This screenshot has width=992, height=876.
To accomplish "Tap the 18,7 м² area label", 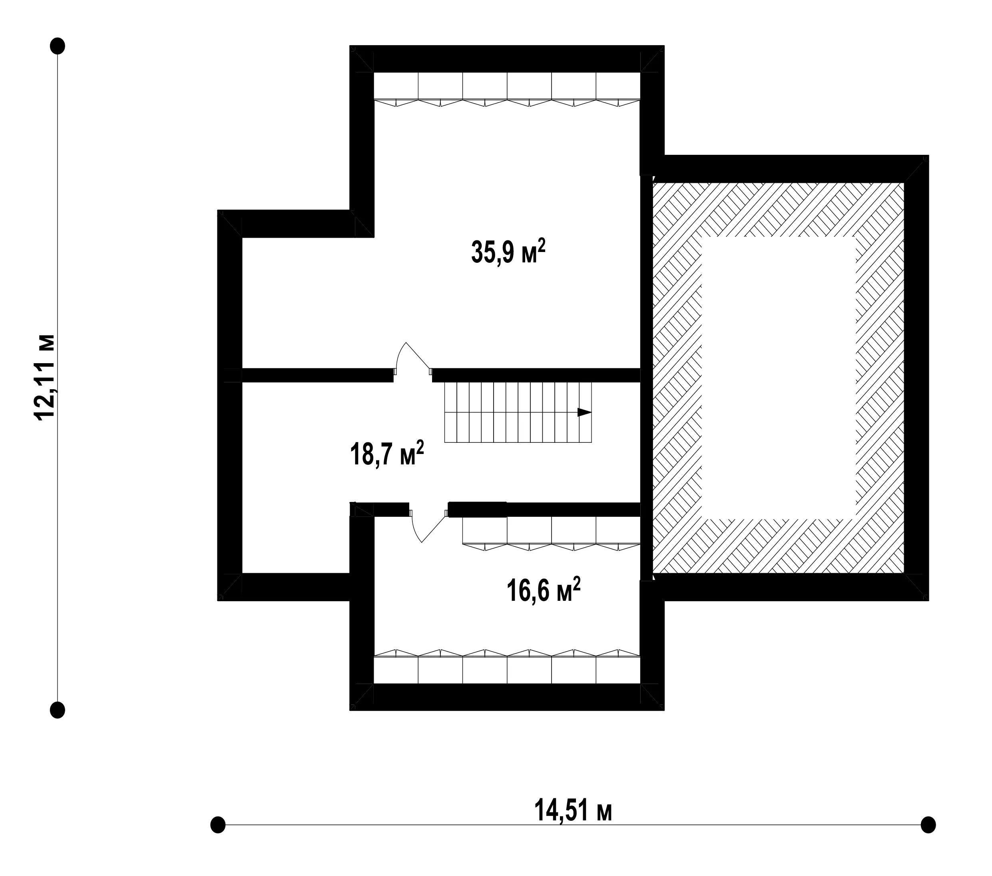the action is tap(387, 454).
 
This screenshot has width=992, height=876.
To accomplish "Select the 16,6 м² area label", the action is tap(544, 590).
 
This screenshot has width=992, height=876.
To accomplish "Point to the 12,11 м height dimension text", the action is tap(45, 376).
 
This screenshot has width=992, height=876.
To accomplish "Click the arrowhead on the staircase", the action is tap(584, 412).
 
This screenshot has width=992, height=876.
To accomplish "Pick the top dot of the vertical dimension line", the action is tap(58, 46).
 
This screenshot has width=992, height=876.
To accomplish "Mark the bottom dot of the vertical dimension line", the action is tap(58, 710).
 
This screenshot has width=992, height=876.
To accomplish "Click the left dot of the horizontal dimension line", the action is tap(218, 824).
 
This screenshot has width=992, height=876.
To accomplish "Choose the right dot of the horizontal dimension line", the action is tap(928, 824).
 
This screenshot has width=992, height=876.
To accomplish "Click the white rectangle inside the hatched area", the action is tap(779, 377).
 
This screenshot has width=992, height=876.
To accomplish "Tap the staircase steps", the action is tap(518, 412).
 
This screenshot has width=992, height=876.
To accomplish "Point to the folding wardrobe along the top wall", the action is tap(507, 89).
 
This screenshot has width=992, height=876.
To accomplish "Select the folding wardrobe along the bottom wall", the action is tap(507, 666).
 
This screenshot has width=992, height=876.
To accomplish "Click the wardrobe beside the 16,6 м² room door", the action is tap(552, 534).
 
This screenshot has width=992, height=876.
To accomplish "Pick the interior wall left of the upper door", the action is tap(317, 375).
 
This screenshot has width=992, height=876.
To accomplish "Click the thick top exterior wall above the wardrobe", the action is tap(507, 59).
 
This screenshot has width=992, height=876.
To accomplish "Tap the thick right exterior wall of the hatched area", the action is tap(917, 378).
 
